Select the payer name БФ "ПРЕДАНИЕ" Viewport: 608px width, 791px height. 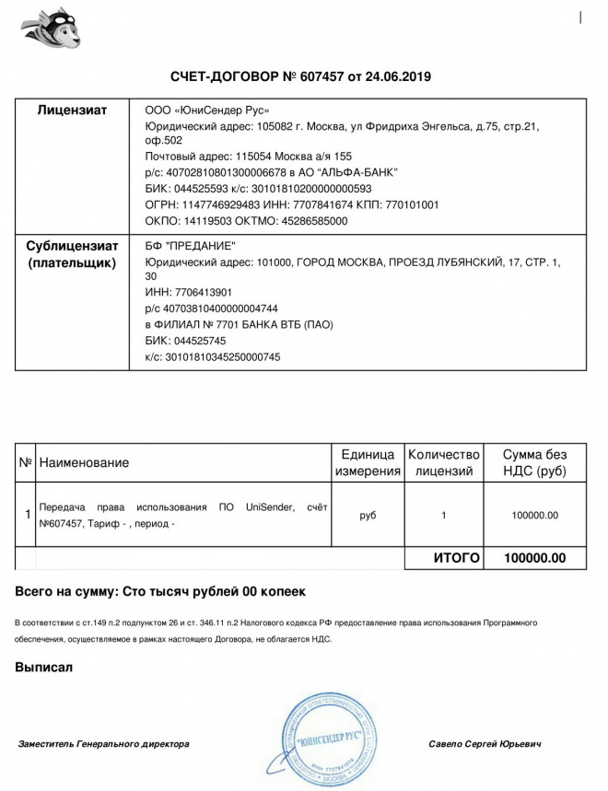tap(191, 244)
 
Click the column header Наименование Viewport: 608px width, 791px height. tap(84, 462)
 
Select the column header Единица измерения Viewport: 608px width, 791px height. tap(368, 462)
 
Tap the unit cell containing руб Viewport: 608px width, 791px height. tap(368, 515)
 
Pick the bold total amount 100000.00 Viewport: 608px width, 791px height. tap(534, 558)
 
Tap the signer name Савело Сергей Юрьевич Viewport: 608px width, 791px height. tap(485, 743)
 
